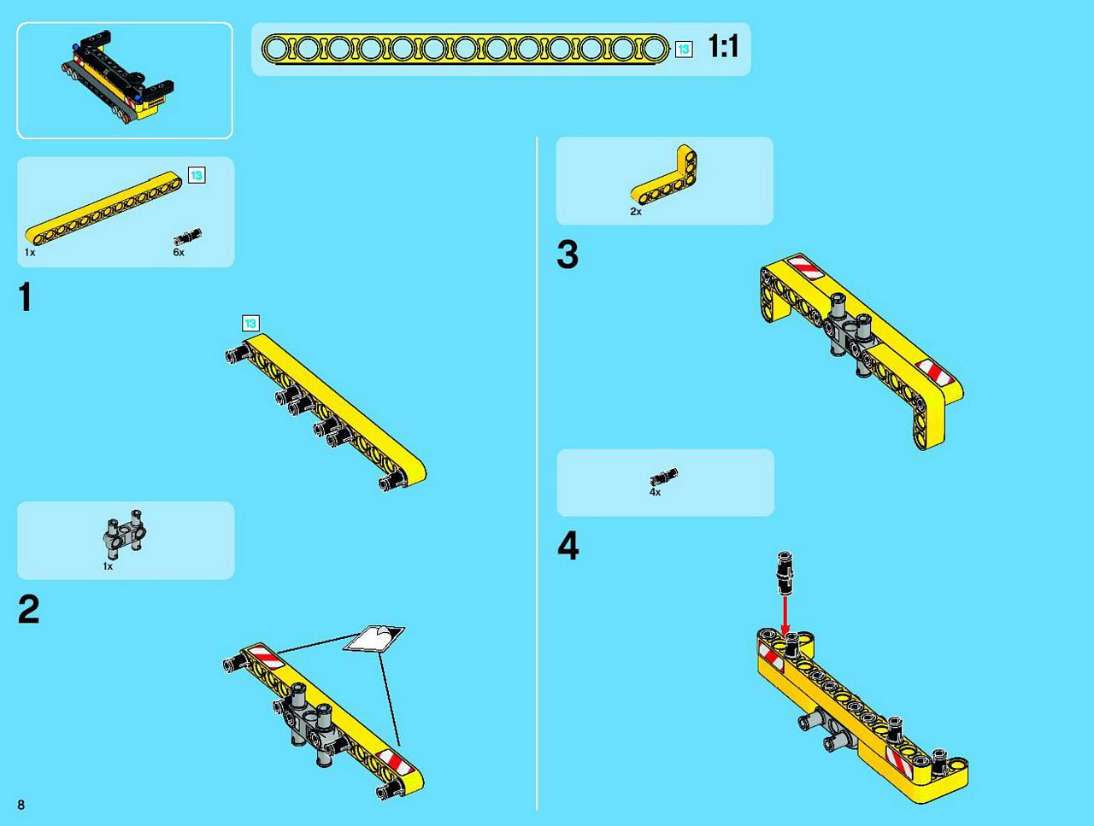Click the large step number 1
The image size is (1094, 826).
point(26,296)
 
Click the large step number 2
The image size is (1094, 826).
point(29,608)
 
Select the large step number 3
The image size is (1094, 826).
point(568,255)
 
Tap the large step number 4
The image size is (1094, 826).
point(568,546)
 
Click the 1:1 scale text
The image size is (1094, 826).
point(723,46)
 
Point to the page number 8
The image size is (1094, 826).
point(21,805)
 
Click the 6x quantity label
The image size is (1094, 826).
point(179,253)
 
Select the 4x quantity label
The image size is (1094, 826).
point(655,492)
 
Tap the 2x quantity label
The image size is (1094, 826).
point(636,212)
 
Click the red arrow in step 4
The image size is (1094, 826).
point(785,616)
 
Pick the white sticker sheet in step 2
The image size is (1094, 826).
point(373,638)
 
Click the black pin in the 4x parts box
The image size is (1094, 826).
point(664,477)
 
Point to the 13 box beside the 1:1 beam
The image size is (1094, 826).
point(684,50)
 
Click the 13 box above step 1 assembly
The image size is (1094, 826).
point(250,323)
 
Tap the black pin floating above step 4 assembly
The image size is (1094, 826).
point(785,572)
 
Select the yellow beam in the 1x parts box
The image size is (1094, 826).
point(103,208)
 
